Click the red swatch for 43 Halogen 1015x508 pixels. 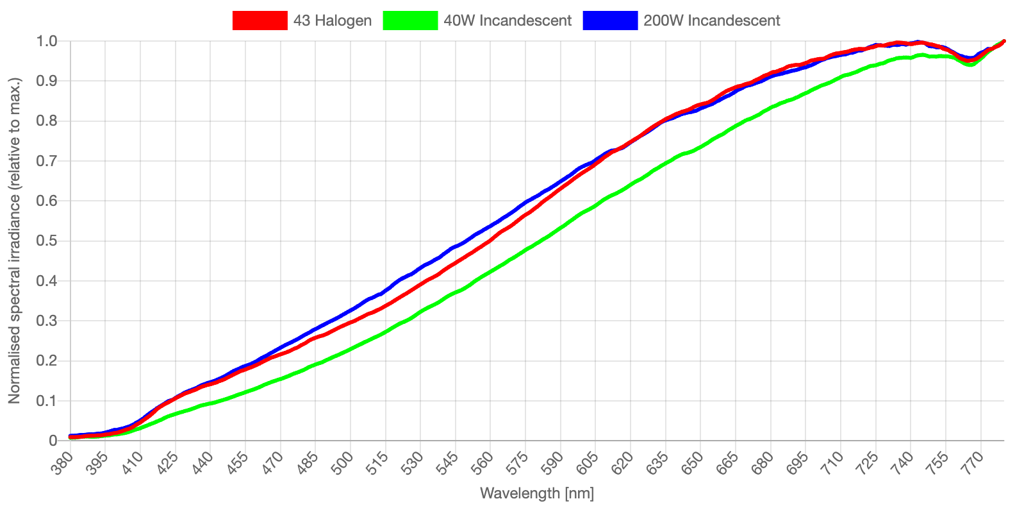pos(260,21)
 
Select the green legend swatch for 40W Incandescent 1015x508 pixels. pos(410,21)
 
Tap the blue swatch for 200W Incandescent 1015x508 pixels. pos(610,21)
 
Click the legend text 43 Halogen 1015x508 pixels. pos(333,21)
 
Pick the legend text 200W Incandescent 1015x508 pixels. pos(712,21)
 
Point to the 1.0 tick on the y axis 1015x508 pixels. pos(47,41)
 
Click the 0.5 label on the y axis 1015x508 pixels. pos(47,241)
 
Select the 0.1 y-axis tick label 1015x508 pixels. pos(47,401)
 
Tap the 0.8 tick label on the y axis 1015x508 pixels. pos(47,121)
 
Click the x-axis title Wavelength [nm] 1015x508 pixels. pos(537,493)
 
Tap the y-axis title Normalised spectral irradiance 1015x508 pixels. pos(14,241)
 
